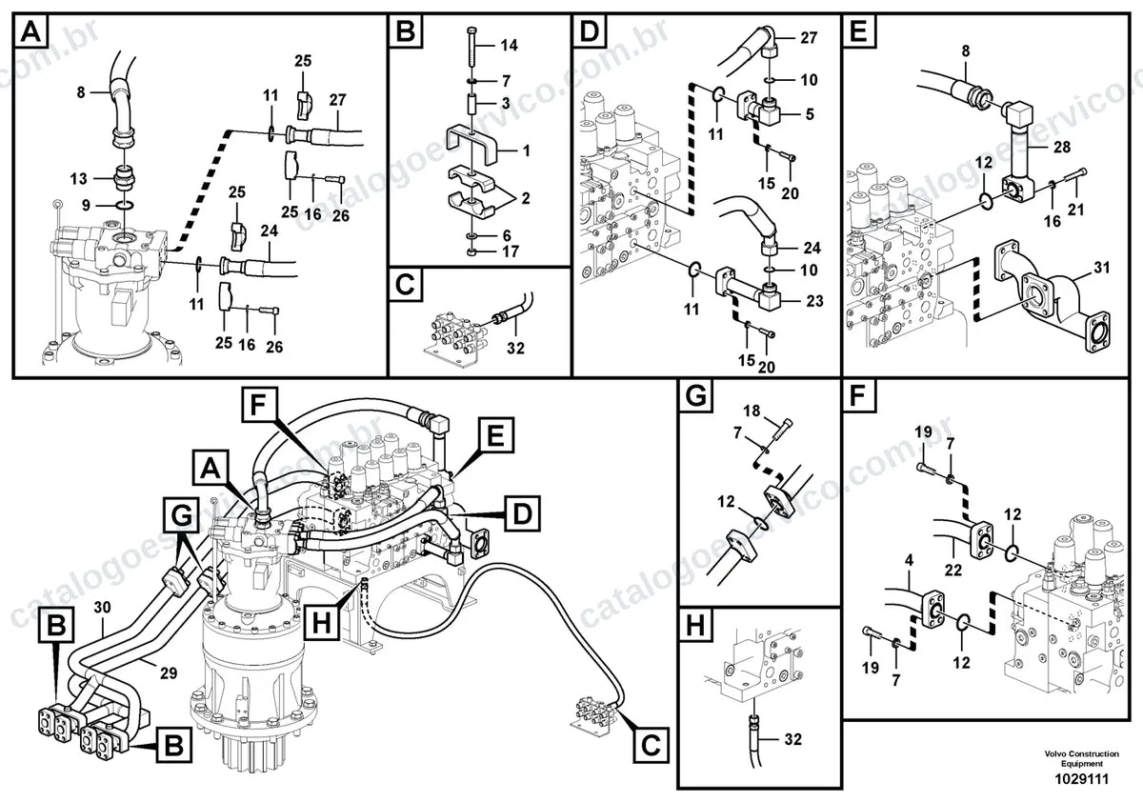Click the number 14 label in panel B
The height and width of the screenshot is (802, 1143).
509,46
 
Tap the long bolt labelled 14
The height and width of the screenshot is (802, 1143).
471,50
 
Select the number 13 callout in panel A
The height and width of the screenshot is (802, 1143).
78,179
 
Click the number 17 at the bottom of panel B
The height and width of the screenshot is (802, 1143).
511,251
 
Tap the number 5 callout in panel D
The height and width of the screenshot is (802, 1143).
810,113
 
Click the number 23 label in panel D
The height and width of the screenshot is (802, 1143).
815,301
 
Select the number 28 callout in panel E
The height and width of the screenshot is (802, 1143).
1062,147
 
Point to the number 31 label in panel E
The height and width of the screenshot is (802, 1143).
1102,268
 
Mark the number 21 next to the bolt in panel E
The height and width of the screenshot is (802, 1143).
1075,210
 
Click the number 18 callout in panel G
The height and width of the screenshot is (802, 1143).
752,411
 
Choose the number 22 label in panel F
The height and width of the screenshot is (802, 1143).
952,570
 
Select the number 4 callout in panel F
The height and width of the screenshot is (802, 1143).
910,561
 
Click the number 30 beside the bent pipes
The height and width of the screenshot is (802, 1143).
102,607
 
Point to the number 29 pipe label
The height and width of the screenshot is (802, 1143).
169,672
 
